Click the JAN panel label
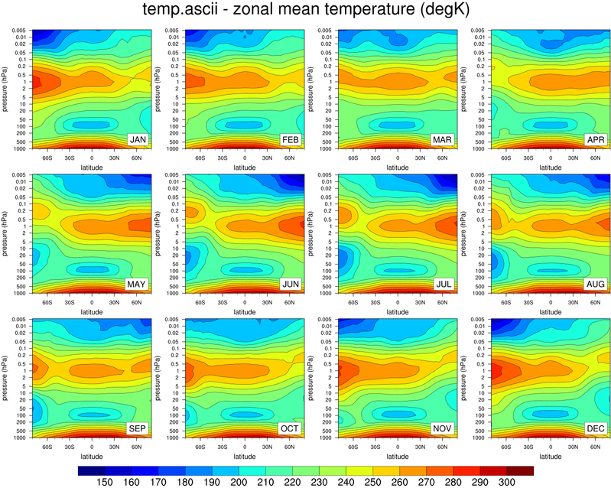138,140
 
